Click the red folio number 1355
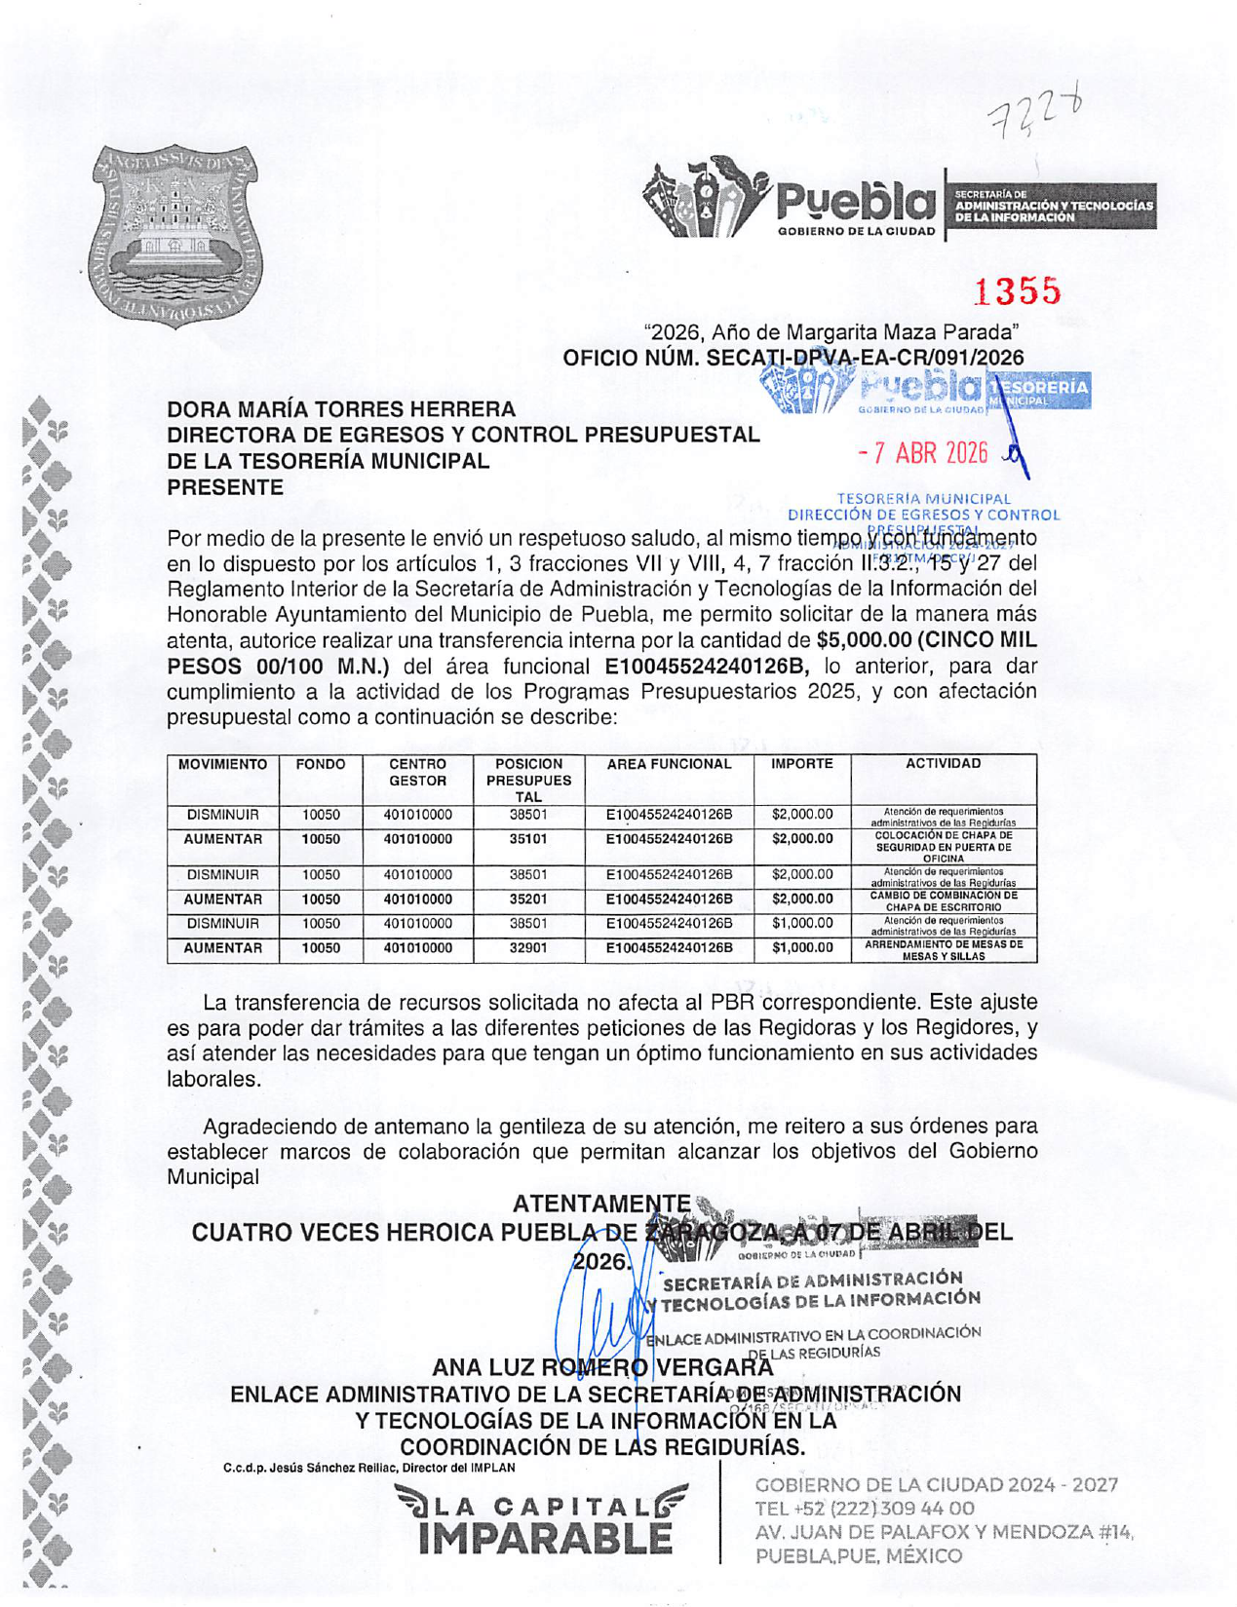pyautogui.click(x=1018, y=290)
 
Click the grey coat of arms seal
pyautogui.click(x=176, y=235)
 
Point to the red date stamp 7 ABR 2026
pyautogui.click(x=924, y=453)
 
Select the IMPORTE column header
pyautogui.click(x=801, y=764)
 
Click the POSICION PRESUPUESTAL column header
pyautogui.click(x=528, y=780)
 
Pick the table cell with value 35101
pyautogui.click(x=528, y=839)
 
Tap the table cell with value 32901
pyautogui.click(x=528, y=948)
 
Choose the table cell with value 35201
pyautogui.click(x=528, y=899)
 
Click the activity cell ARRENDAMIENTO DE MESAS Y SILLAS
pyautogui.click(x=943, y=950)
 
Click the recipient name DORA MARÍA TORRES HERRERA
pyautogui.click(x=341, y=409)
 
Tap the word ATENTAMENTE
pyautogui.click(x=601, y=1205)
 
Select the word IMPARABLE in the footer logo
pyautogui.click(x=545, y=1539)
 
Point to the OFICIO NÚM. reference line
pyautogui.click(x=792, y=358)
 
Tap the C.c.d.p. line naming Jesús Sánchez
pyautogui.click(x=368, y=1468)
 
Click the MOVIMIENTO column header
pyautogui.click(x=222, y=764)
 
